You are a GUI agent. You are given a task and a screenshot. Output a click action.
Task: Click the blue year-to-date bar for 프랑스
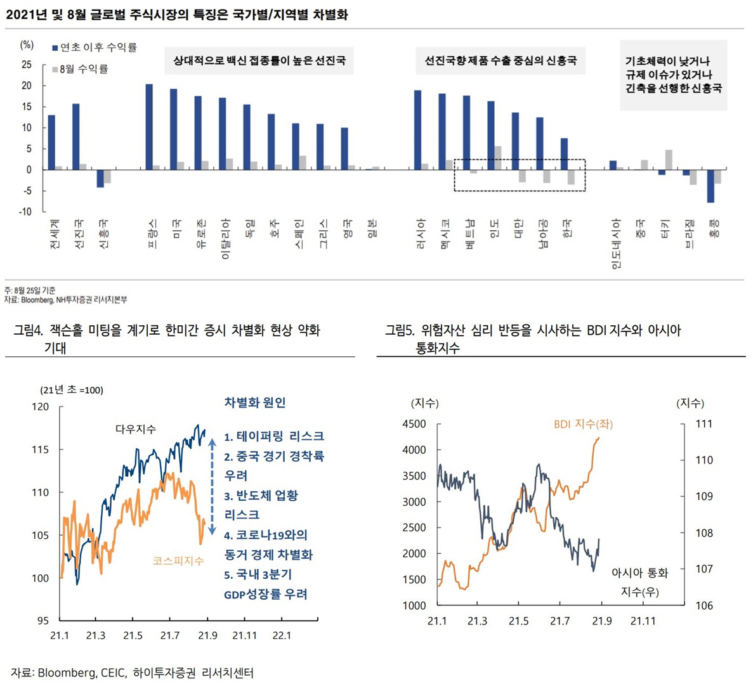point(149,127)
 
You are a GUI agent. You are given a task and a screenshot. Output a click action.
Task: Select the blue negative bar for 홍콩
point(710,186)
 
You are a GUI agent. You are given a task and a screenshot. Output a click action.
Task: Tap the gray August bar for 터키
point(669,160)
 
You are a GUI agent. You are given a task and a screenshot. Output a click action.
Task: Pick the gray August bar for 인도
point(498,158)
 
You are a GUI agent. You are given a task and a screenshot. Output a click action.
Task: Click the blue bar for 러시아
point(417,130)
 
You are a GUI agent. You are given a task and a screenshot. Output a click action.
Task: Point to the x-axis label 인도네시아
point(615,244)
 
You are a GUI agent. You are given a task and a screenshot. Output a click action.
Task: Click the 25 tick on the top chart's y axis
point(27,65)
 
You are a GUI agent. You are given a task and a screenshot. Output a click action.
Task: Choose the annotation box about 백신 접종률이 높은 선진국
point(259,61)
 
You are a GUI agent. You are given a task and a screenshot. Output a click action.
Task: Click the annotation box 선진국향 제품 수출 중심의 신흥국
point(500,61)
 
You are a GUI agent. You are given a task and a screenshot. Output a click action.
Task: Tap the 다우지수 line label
point(135,429)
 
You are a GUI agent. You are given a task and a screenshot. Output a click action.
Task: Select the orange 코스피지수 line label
point(178,561)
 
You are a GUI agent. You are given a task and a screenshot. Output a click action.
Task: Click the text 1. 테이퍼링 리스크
point(274,436)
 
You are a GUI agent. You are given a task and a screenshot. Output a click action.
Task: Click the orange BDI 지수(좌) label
point(583,424)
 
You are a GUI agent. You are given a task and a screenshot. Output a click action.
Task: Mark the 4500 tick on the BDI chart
point(415,424)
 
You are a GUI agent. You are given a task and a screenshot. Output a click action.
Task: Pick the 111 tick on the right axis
point(704,424)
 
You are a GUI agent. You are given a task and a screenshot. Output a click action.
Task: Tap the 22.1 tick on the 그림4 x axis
point(281,635)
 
